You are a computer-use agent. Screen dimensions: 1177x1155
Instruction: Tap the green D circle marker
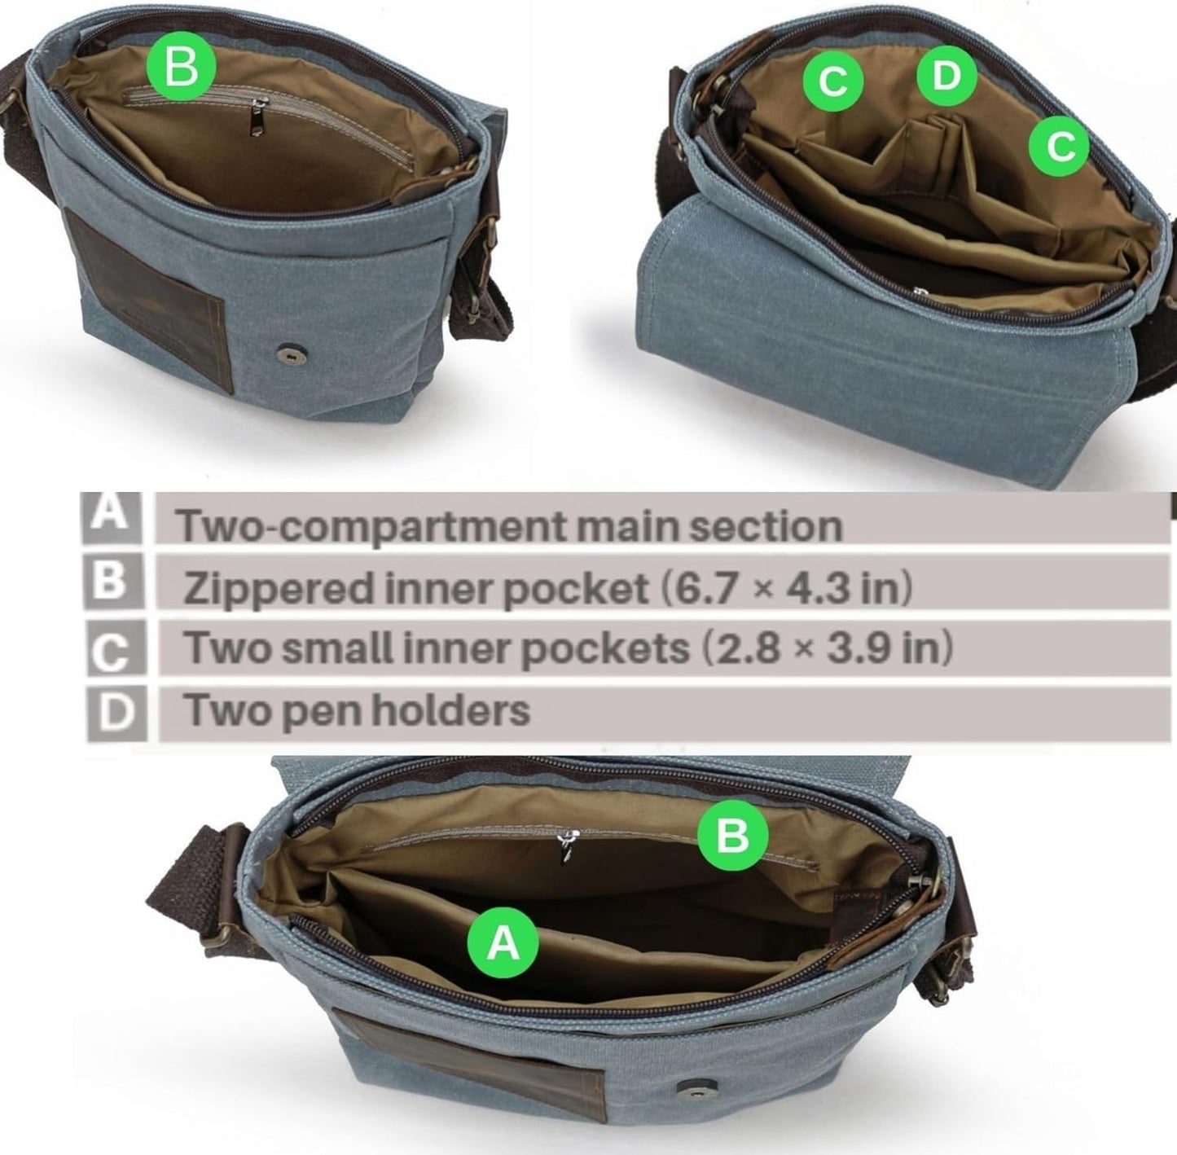pyautogui.click(x=946, y=76)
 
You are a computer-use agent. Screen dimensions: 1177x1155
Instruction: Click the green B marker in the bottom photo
pyautogui.click(x=732, y=835)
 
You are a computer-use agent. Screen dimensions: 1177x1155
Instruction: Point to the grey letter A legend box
pyautogui.click(x=113, y=517)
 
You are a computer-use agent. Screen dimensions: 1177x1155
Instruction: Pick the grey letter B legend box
pyautogui.click(x=114, y=582)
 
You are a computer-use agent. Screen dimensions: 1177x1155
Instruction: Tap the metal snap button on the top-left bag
pyautogui.click(x=284, y=351)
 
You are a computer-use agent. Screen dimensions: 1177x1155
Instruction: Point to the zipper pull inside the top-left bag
pyautogui.click(x=257, y=118)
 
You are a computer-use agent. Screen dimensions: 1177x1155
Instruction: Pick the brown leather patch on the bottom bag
pyautogui.click(x=470, y=1060)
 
